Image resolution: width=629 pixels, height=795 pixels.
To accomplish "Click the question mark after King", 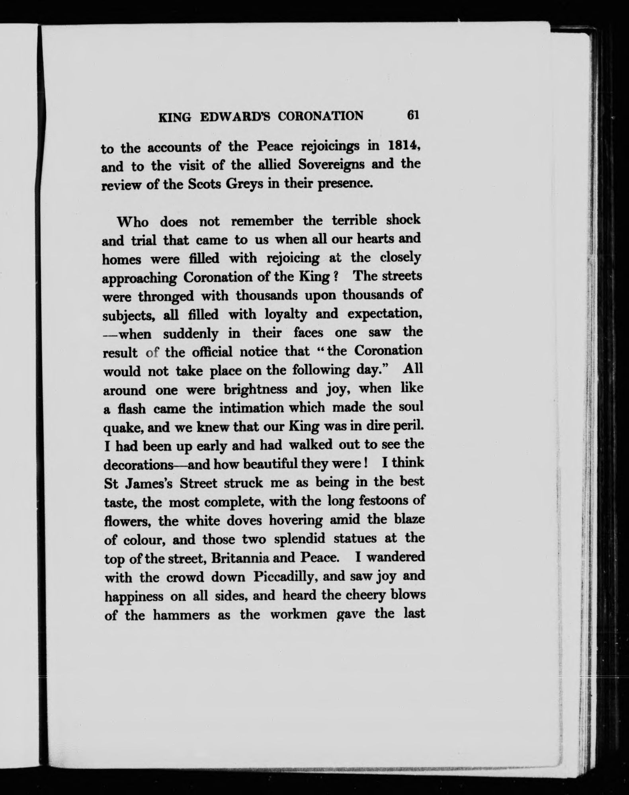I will [x=336, y=277].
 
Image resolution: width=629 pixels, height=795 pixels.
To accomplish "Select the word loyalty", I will [x=286, y=314].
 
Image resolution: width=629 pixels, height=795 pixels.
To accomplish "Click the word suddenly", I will [x=191, y=334].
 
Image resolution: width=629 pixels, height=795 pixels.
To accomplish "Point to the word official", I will [x=215, y=352].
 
